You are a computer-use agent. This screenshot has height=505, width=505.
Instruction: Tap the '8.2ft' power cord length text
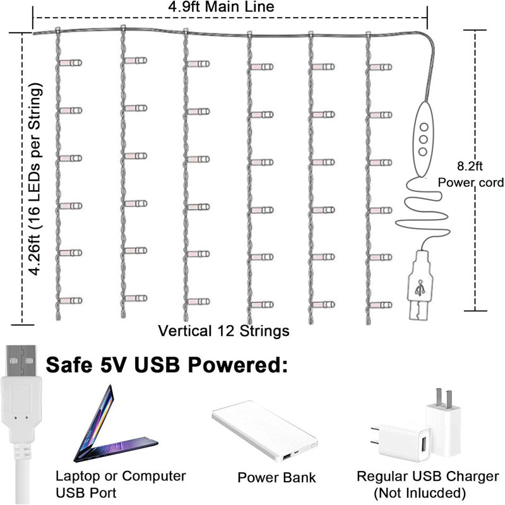[470, 168]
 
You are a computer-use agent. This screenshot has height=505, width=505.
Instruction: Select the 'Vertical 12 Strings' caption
[223, 330]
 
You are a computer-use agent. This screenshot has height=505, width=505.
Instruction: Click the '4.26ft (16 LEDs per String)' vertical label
[38, 179]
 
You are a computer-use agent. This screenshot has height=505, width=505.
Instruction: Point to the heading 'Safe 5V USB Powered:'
[166, 365]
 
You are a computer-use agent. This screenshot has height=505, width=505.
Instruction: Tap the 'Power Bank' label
[276, 477]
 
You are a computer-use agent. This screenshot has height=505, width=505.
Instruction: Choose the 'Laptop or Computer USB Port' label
[121, 484]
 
